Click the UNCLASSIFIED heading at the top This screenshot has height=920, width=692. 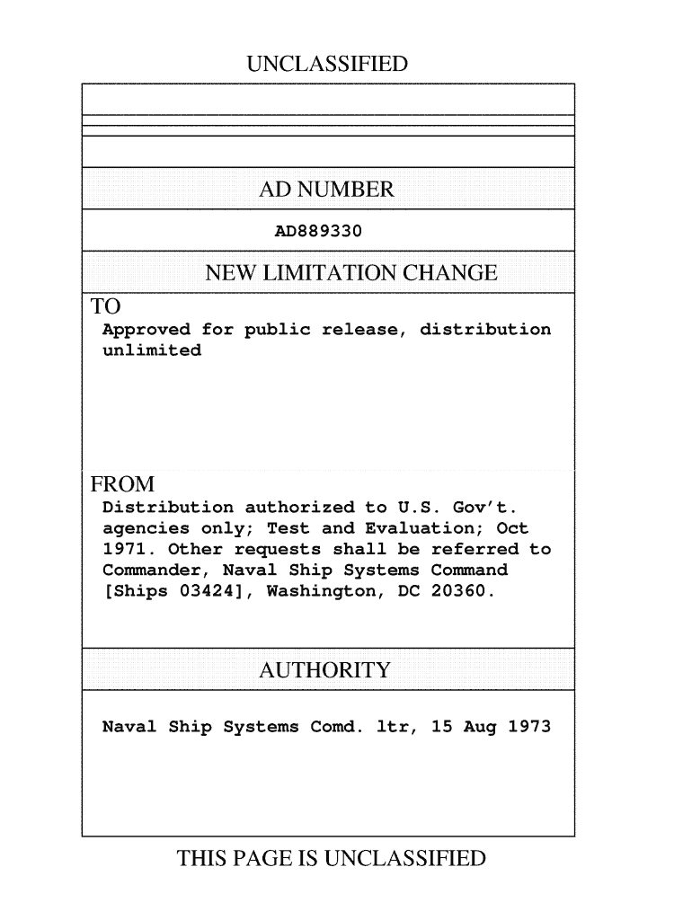point(327,65)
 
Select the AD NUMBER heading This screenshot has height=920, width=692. point(326,190)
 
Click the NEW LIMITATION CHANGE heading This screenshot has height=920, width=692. point(351,273)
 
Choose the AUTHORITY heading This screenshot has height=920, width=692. point(324,670)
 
